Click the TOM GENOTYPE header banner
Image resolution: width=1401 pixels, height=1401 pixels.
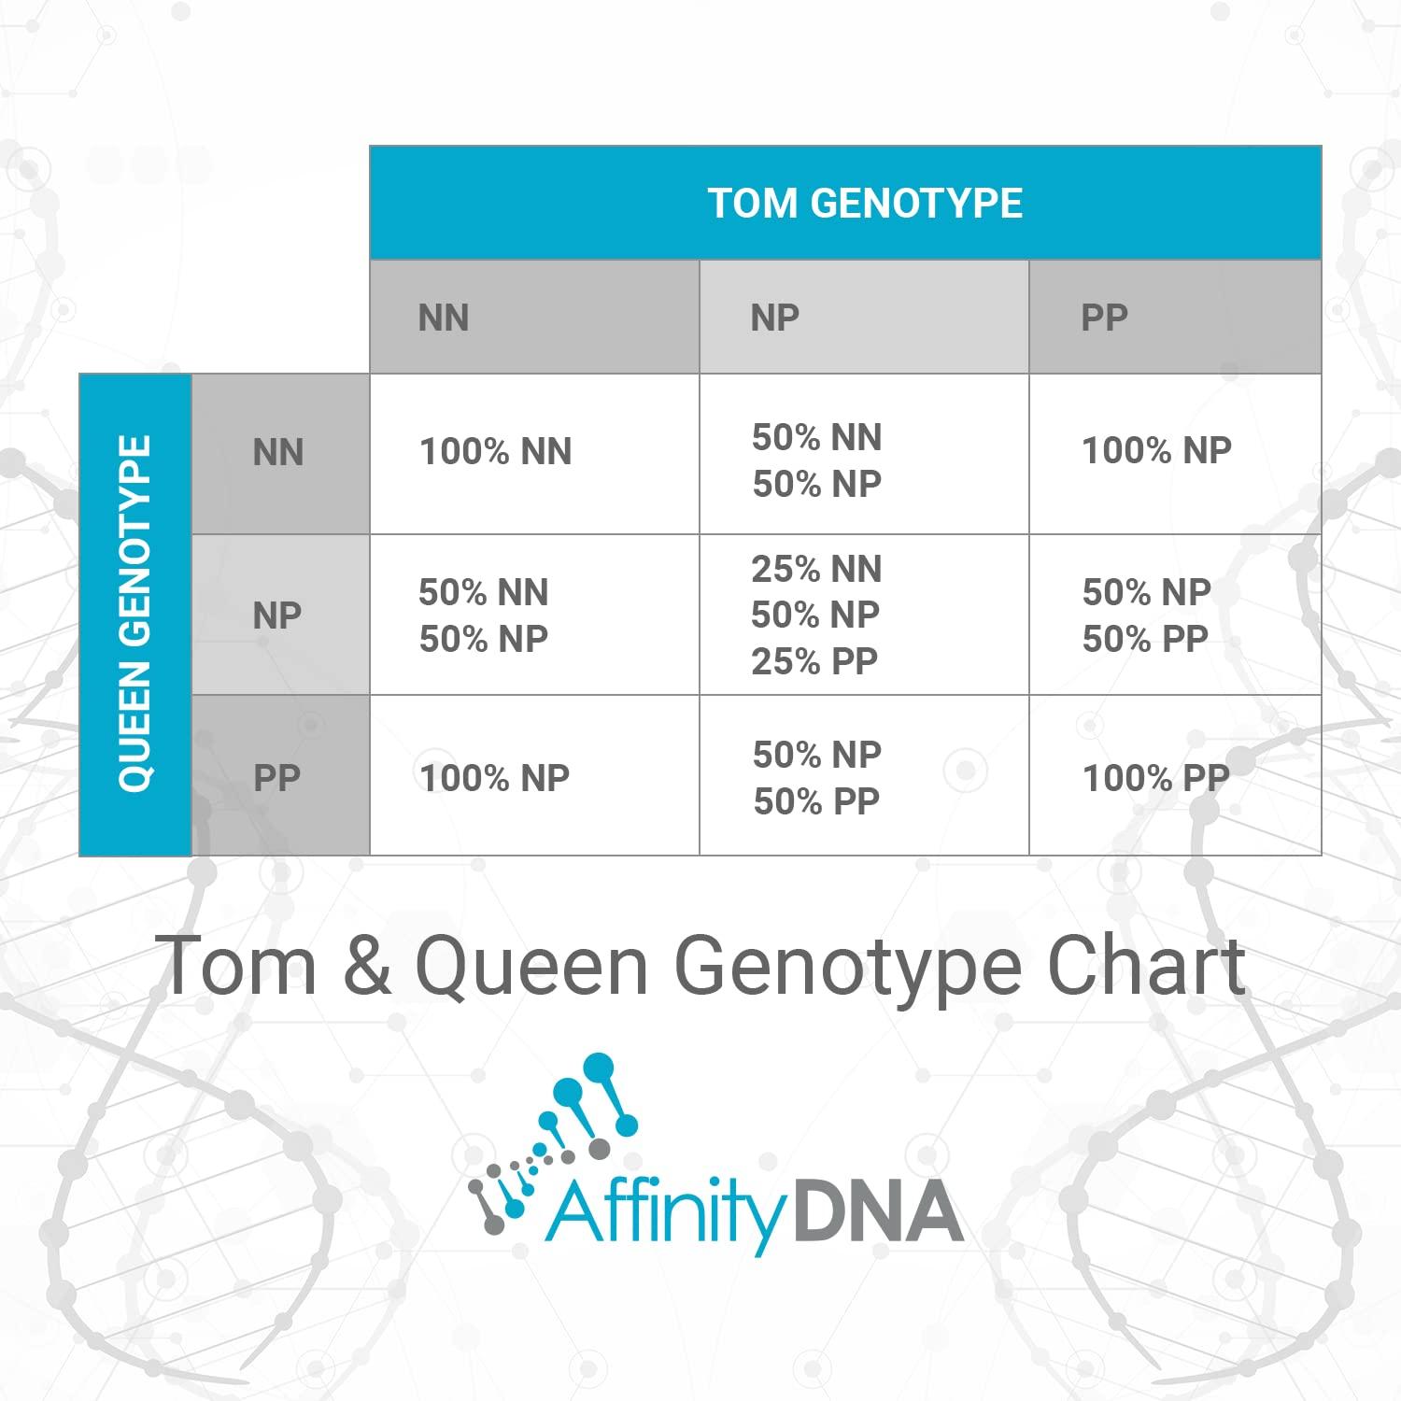[865, 203]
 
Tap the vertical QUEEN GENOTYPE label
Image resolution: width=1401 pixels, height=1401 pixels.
[135, 615]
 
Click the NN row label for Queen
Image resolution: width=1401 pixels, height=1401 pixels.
[278, 453]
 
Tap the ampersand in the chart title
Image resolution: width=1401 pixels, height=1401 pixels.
[366, 966]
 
